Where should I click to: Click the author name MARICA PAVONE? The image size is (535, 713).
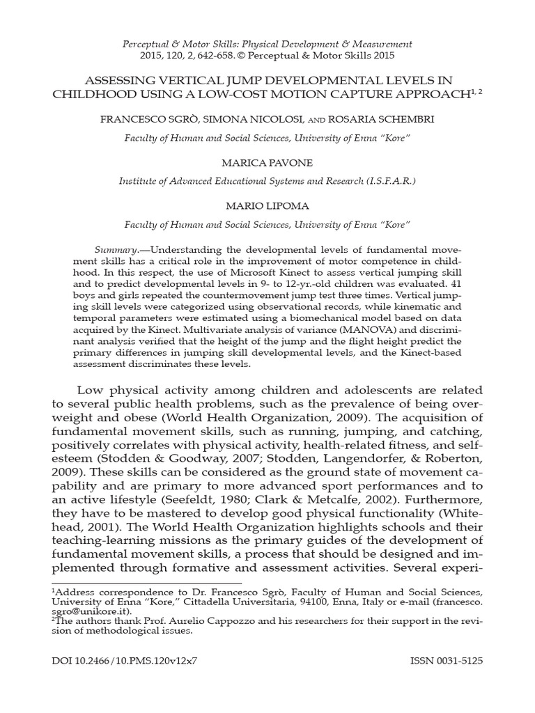[x=267, y=163]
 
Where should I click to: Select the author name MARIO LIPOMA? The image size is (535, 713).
[x=267, y=207]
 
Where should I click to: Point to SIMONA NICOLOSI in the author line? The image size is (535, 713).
[x=243, y=119]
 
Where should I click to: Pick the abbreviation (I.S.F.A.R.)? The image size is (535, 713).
[x=390, y=180]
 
